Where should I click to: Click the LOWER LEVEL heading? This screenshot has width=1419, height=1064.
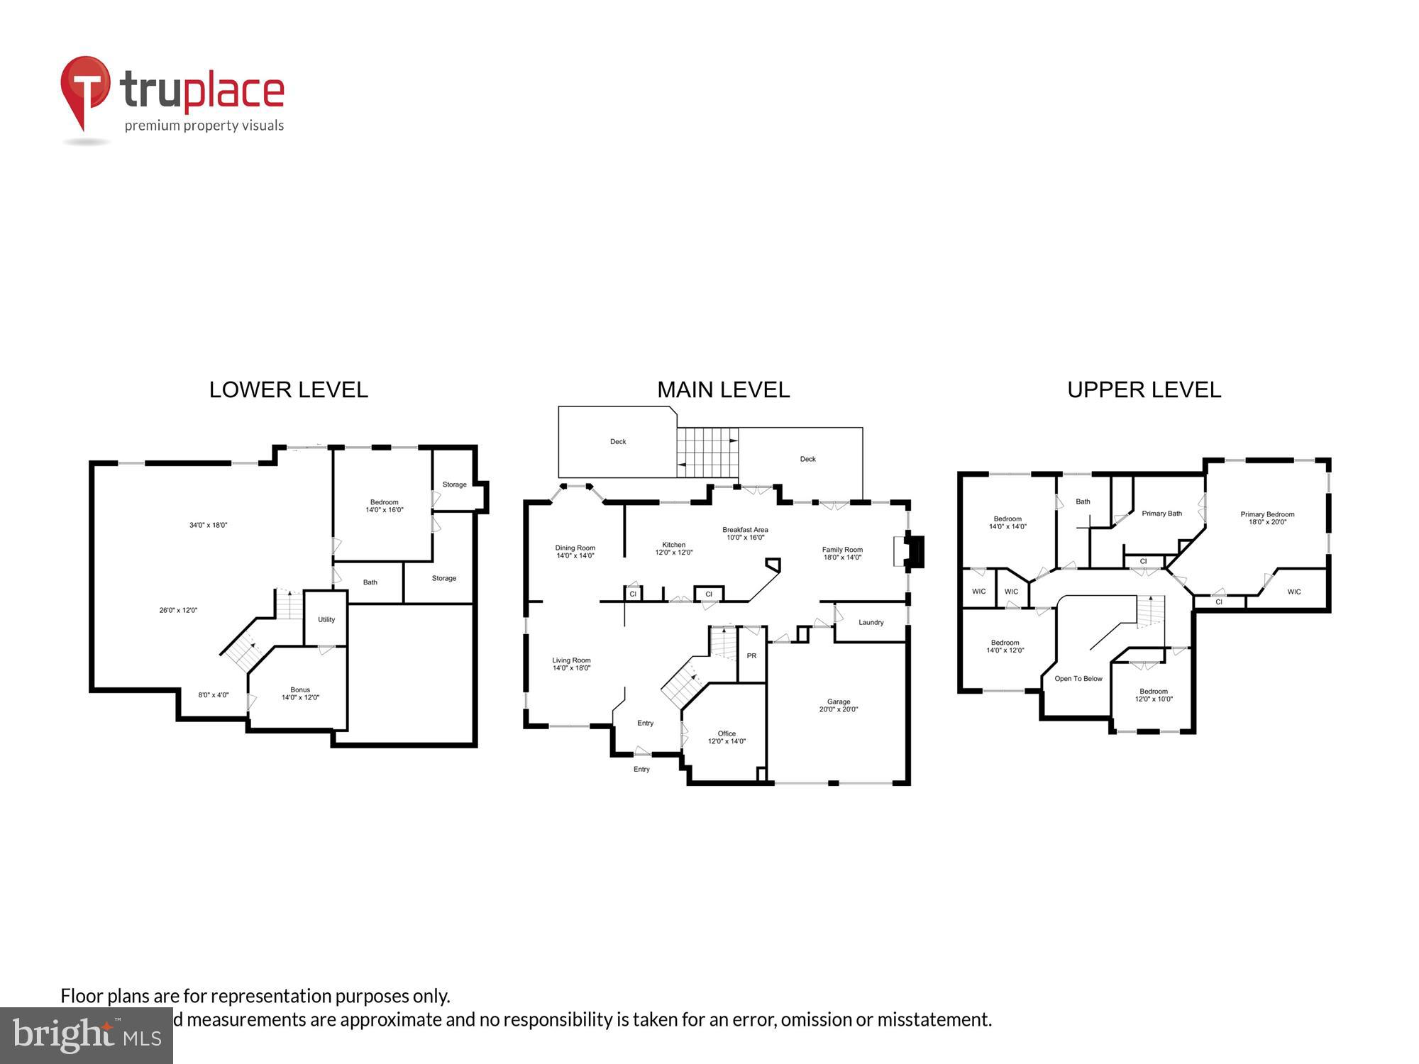pyautogui.click(x=288, y=390)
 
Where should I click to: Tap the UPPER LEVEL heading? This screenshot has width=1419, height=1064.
pyautogui.click(x=1144, y=390)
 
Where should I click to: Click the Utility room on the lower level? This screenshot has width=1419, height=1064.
pyautogui.click(x=326, y=619)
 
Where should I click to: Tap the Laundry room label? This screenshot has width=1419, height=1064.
pyautogui.click(x=871, y=622)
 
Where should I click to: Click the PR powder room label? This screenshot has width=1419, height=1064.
pyautogui.click(x=751, y=655)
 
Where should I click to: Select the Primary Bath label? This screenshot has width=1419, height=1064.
pyautogui.click(x=1161, y=514)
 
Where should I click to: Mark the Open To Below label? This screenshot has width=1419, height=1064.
pyautogui.click(x=1078, y=679)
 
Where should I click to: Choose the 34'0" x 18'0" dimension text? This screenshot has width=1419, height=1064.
pyautogui.click(x=208, y=525)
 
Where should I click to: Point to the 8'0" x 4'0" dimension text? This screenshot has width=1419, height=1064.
pyautogui.click(x=213, y=695)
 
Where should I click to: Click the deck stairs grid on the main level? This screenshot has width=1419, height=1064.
pyautogui.click(x=707, y=452)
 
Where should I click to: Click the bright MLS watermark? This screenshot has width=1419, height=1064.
pyautogui.click(x=86, y=1036)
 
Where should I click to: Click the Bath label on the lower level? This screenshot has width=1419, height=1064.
pyautogui.click(x=370, y=582)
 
